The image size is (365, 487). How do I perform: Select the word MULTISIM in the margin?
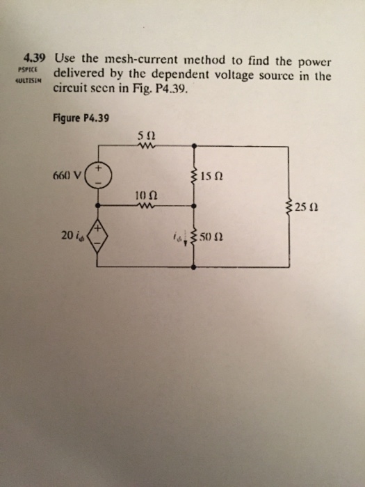tap(31, 81)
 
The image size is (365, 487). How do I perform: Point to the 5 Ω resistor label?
tap(145, 134)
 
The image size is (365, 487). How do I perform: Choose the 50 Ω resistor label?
tap(213, 239)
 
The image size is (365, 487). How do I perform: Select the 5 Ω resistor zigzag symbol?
tap(146, 147)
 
